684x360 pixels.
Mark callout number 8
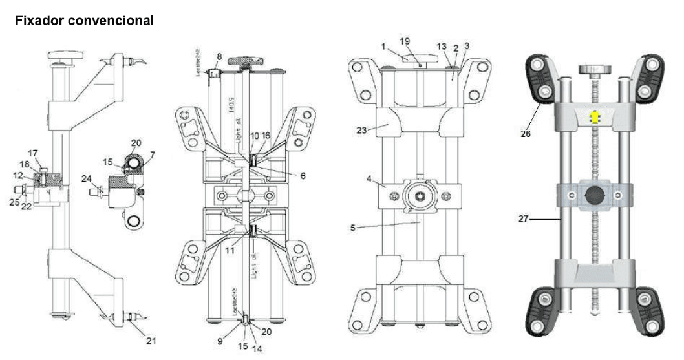coord(219,57)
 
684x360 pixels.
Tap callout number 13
coord(442,47)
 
